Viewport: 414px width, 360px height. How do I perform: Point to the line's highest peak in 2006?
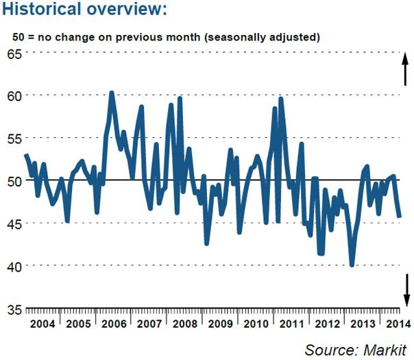pos(111,93)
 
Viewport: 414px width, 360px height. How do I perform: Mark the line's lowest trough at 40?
pos(352,265)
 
